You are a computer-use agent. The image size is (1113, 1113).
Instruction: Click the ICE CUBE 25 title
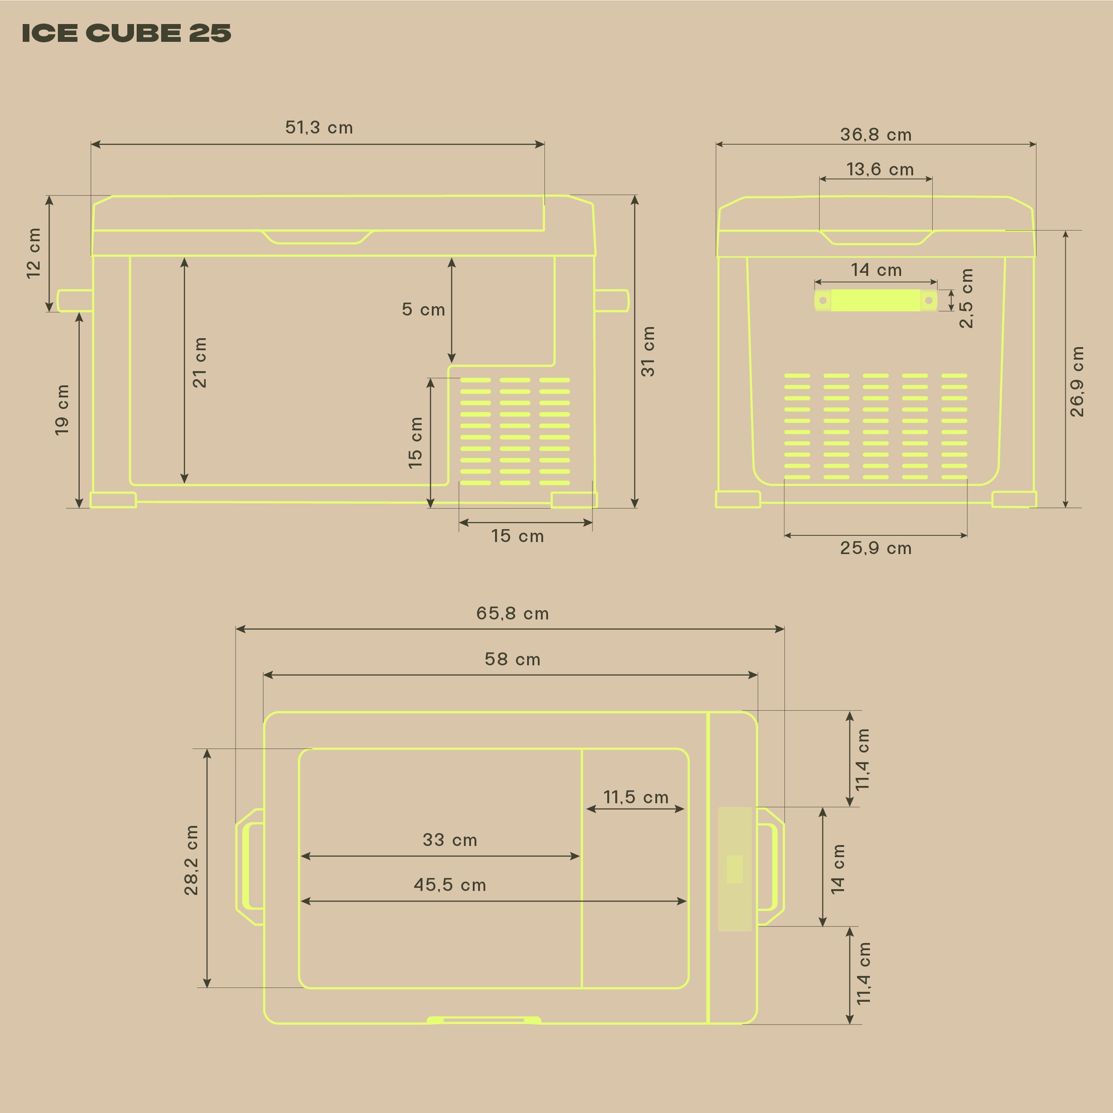click(126, 33)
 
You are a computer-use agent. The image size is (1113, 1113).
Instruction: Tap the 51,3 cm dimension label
click(319, 127)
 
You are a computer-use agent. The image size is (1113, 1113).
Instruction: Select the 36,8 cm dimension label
click(876, 135)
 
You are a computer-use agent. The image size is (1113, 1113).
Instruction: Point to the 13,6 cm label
click(880, 170)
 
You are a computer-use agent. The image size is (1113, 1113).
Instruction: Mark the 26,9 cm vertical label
click(1076, 381)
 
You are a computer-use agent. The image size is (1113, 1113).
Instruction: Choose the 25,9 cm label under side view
click(876, 548)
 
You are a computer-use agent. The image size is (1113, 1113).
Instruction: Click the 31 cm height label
click(648, 352)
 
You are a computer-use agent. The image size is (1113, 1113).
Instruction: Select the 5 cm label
click(423, 309)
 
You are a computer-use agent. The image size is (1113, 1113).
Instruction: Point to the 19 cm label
click(62, 409)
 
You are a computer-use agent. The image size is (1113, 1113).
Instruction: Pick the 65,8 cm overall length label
click(512, 613)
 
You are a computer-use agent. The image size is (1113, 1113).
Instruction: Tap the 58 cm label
click(512, 659)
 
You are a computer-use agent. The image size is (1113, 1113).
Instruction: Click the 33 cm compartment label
click(450, 839)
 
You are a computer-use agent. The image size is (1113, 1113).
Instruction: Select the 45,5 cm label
click(450, 884)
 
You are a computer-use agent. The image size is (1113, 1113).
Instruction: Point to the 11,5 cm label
click(635, 797)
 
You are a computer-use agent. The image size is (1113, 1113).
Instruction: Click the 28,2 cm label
click(191, 860)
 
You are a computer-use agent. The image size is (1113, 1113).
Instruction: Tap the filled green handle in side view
click(875, 300)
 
